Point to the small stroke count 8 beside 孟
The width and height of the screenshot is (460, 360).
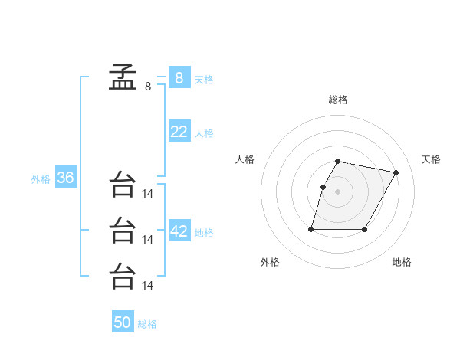(x=148, y=87)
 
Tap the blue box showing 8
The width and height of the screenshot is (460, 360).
(x=179, y=77)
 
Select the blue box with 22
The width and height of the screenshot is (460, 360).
(x=179, y=132)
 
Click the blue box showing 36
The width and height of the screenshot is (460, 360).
(x=65, y=178)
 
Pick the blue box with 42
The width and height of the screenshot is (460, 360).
(x=179, y=231)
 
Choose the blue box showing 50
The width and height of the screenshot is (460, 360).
(x=123, y=322)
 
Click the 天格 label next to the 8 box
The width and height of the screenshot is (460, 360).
(x=204, y=79)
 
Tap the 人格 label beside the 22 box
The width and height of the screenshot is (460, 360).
(x=204, y=133)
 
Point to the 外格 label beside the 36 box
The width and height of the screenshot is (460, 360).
(x=41, y=179)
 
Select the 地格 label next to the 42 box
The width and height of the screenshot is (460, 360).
(x=204, y=233)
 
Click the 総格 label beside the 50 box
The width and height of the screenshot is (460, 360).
(x=147, y=324)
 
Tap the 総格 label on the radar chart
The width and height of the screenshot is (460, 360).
(x=337, y=100)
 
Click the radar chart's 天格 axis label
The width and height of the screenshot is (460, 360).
(x=432, y=159)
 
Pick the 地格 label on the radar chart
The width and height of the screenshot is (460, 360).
(x=402, y=262)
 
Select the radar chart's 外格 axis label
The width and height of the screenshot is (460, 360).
(x=270, y=262)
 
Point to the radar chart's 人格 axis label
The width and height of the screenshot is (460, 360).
(x=245, y=159)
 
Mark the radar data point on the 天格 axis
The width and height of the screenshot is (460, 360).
(x=396, y=173)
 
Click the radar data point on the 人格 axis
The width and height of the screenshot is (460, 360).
(x=323, y=187)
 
